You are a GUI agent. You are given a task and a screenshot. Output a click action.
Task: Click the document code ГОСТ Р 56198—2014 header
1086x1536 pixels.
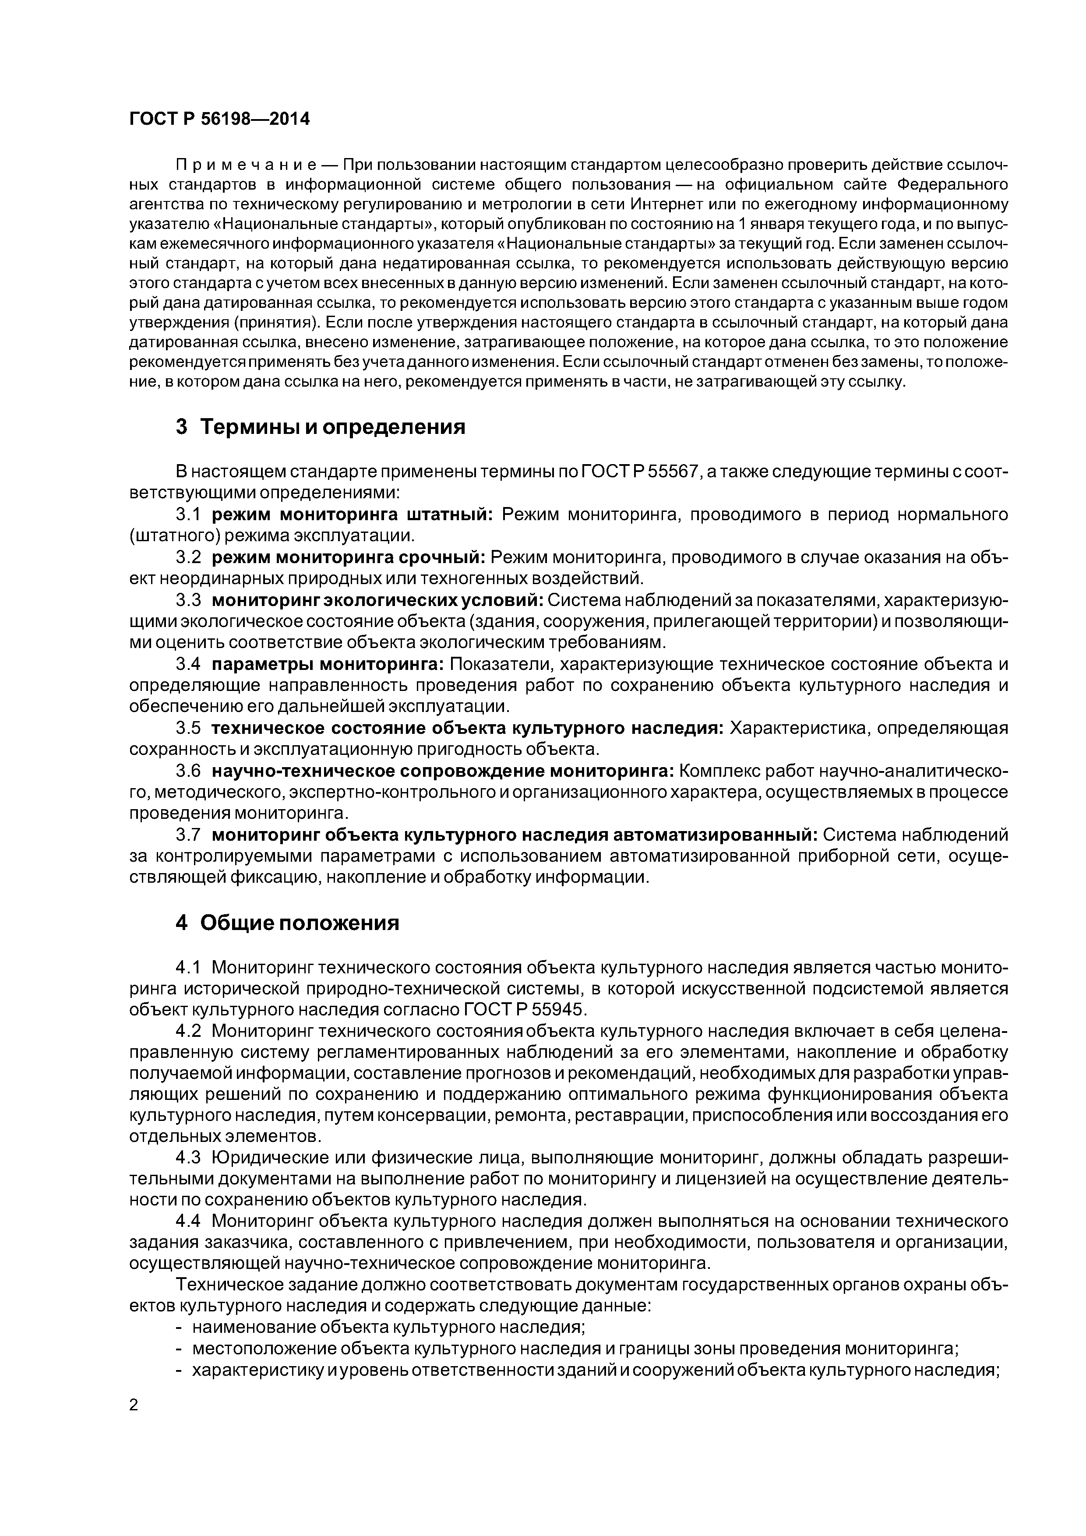219,119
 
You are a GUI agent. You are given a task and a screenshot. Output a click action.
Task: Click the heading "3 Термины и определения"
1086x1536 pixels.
321,427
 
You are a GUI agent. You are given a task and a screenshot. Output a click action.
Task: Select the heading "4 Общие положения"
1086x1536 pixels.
287,923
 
